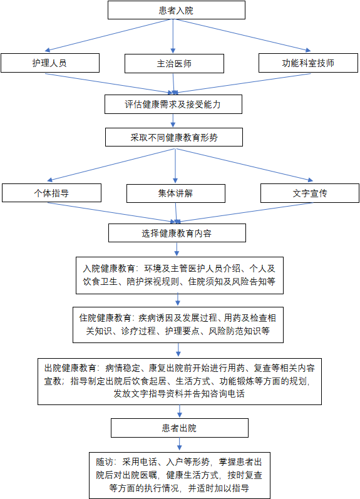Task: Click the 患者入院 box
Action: coord(177,10)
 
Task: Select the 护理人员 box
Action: coord(50,63)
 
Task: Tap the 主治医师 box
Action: coord(174,64)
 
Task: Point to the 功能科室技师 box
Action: coord(308,63)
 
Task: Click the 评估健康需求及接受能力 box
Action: coord(173,104)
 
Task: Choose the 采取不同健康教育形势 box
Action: coord(174,137)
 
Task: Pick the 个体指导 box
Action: coord(51,193)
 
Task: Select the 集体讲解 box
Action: coord(176,193)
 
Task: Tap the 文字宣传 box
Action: coord(310,193)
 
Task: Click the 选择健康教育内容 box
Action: coord(177,233)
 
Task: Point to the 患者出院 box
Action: coord(180,428)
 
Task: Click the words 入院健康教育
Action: coord(109,269)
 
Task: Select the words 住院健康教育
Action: coord(105,318)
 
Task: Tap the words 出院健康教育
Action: coord(70,368)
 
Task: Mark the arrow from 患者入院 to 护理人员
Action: coord(108,35)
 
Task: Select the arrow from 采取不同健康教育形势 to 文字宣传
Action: coord(244,165)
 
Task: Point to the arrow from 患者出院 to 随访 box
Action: coord(180,444)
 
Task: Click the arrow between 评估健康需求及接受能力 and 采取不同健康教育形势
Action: coord(173,121)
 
